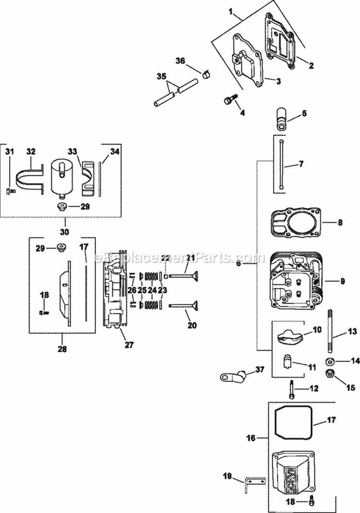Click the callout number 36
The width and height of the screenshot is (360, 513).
(180, 61)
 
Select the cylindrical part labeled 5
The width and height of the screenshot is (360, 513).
(280, 118)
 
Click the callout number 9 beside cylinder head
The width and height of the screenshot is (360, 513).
(343, 281)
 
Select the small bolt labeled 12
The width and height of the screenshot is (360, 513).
(292, 388)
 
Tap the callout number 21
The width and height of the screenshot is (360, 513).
(192, 258)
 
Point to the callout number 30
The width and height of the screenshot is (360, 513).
(64, 231)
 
